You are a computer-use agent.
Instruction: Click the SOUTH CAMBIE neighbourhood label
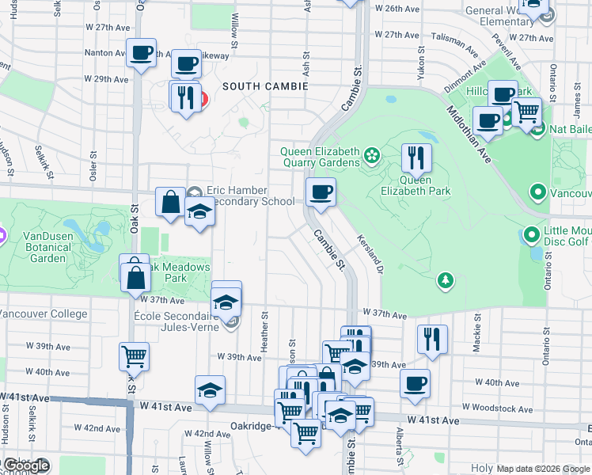264,85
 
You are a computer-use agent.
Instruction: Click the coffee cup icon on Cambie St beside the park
321,192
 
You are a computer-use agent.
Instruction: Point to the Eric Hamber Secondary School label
249,196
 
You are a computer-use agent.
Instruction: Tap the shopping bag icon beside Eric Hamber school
170,202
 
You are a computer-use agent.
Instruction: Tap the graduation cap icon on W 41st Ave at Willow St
210,389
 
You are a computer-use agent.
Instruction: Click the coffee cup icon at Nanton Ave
142,53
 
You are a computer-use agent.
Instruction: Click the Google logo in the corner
26,466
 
